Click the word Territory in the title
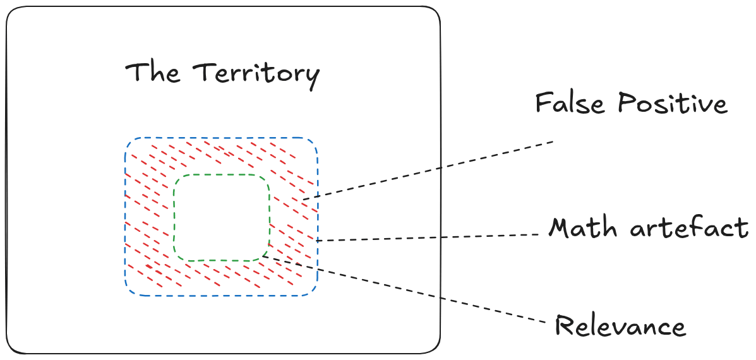coord(256,73)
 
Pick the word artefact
coord(689,227)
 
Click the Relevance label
coord(620,327)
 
